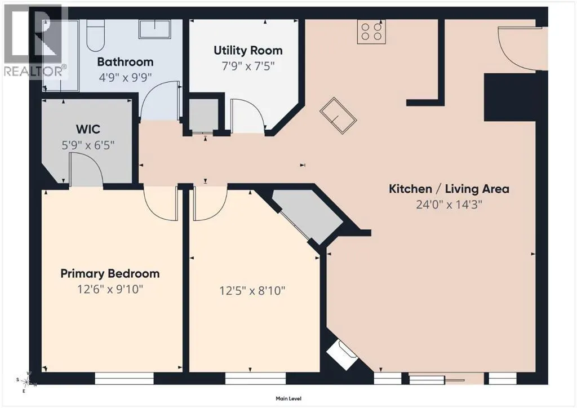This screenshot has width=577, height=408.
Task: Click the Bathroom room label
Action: [x=125, y=62]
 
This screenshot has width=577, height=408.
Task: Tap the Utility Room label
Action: [x=248, y=50]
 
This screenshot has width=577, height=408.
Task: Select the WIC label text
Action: [x=88, y=129]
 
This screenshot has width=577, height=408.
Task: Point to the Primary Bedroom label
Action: [x=110, y=274]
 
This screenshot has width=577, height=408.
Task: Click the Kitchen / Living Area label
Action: [x=449, y=189]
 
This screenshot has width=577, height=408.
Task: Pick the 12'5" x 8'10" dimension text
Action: [x=252, y=291]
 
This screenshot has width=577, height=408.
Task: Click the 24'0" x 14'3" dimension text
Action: [x=449, y=204]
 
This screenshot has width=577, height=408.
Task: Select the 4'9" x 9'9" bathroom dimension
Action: [x=125, y=77]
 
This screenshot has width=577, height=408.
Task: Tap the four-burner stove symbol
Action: [x=371, y=32]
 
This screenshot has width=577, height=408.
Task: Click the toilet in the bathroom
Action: [x=96, y=35]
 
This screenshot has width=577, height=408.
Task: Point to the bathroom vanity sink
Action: [x=154, y=29]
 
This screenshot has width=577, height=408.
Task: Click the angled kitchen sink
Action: [x=338, y=116]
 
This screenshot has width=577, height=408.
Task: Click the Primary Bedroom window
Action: [x=125, y=378]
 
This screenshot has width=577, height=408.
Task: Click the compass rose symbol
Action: [x=27, y=382]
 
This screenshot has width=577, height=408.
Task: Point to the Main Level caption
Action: [x=288, y=398]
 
